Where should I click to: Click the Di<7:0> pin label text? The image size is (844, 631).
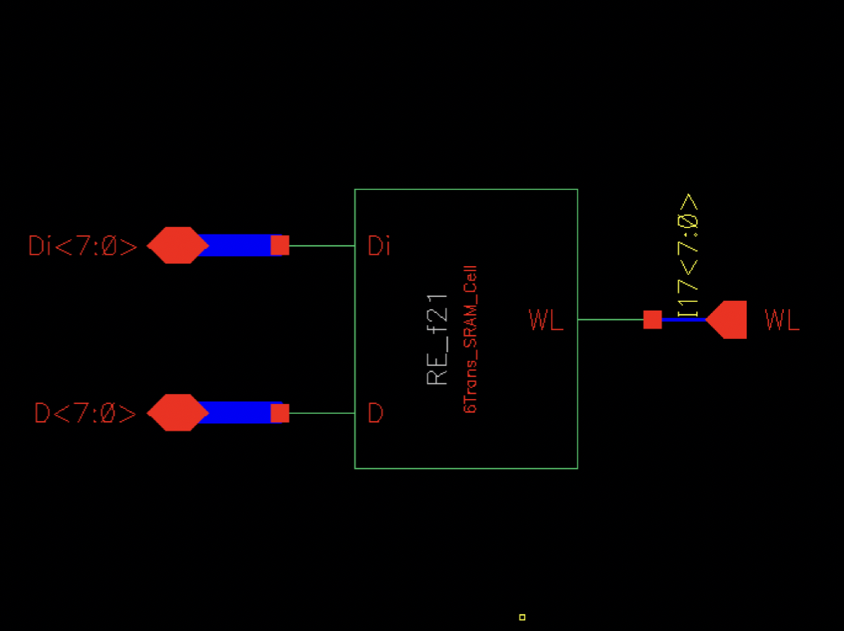[x=83, y=246]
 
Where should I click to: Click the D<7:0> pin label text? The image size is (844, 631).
[x=85, y=414]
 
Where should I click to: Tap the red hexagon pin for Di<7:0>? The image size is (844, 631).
[x=177, y=245]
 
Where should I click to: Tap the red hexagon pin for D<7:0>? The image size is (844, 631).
[x=177, y=413]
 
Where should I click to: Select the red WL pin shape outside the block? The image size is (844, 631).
[x=728, y=320]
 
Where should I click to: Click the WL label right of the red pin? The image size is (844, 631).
[x=782, y=321]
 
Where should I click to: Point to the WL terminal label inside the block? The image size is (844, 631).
[x=545, y=321]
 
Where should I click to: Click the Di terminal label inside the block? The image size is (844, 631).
[x=379, y=246]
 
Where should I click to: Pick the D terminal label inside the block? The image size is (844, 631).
[x=375, y=414]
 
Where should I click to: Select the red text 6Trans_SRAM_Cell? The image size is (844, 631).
[x=470, y=340]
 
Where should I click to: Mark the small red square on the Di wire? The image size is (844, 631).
[x=279, y=245]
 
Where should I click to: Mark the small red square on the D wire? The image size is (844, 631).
[x=279, y=413]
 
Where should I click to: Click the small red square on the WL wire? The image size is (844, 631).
[x=652, y=320]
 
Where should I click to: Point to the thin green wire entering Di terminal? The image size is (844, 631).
[x=321, y=245]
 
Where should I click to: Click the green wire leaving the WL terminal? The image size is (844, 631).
[x=609, y=320]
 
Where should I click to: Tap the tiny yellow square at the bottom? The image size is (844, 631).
[x=522, y=617]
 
